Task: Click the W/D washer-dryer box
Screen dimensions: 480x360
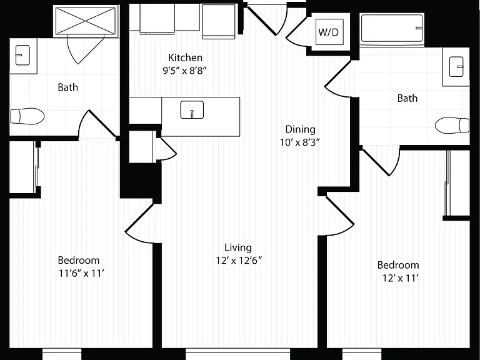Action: click(x=329, y=32)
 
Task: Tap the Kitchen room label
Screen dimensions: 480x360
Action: click(x=185, y=57)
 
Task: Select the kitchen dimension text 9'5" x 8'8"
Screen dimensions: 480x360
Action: click(x=184, y=71)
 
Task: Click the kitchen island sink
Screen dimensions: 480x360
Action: click(x=192, y=109)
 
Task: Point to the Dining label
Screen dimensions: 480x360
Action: click(x=300, y=129)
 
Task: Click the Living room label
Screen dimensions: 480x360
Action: click(x=238, y=247)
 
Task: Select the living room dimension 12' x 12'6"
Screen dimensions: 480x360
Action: click(x=239, y=261)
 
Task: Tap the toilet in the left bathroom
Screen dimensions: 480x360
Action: click(x=27, y=116)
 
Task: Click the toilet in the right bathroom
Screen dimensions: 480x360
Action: click(x=452, y=125)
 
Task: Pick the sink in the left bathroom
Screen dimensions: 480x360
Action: click(x=22, y=55)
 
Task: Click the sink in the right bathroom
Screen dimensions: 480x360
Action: click(x=456, y=66)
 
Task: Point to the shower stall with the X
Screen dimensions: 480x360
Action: click(x=86, y=21)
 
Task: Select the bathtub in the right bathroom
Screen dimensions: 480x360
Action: click(x=392, y=28)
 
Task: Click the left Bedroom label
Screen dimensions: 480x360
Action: click(x=79, y=260)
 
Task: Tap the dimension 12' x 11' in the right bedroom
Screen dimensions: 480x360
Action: click(x=401, y=278)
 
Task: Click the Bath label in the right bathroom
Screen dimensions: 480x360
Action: click(x=407, y=98)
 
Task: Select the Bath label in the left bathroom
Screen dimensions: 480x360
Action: click(x=67, y=87)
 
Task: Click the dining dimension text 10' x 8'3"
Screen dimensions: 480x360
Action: click(x=300, y=142)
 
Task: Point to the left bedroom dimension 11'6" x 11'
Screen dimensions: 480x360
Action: click(x=82, y=273)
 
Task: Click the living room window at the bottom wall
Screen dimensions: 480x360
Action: click(x=237, y=354)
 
